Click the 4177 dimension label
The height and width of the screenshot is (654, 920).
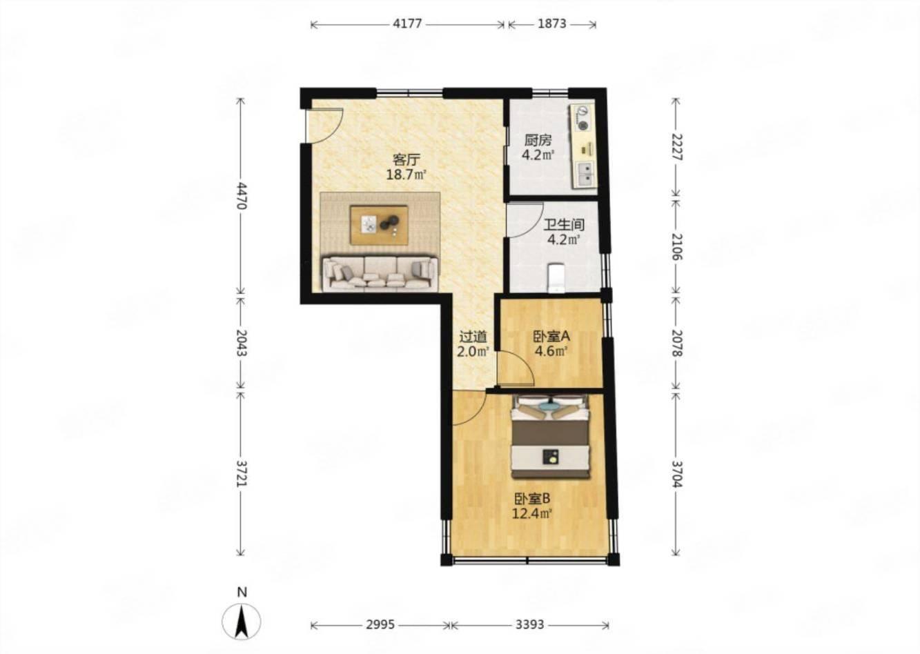(407, 24)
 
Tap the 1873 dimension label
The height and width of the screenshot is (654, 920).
(552, 24)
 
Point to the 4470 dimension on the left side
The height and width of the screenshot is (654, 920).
(242, 196)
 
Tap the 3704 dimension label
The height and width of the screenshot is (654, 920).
(677, 474)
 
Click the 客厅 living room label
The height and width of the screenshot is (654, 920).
(407, 159)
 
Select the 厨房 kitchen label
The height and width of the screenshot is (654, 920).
(538, 141)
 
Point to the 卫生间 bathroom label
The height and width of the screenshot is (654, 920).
(564, 225)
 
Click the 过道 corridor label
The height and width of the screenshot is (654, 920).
(473, 337)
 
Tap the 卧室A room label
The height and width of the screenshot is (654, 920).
(551, 337)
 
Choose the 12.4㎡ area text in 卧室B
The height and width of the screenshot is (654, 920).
(531, 513)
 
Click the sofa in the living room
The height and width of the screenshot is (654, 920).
(380, 273)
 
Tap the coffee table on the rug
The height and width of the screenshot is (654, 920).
(379, 225)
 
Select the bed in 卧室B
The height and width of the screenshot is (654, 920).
(551, 437)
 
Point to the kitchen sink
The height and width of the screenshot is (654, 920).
(585, 174)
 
